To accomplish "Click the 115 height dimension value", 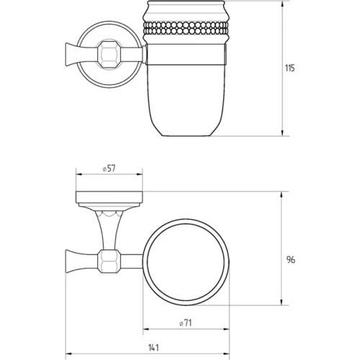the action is [x=289, y=68].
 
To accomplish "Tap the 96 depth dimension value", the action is [x=291, y=260].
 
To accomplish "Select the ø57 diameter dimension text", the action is [x=109, y=168].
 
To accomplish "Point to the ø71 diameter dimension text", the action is [x=186, y=323].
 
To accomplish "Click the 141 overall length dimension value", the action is [x=153, y=347].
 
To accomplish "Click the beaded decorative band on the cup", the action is [x=185, y=28].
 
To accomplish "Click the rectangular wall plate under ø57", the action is [x=109, y=197].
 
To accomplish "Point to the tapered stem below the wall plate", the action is [x=109, y=229].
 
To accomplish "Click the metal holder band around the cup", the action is [x=186, y=55].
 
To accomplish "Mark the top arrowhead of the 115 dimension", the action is [x=282, y=4].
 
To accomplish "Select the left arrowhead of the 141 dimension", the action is [x=69, y=354].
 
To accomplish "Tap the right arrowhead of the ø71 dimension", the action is [x=226, y=329].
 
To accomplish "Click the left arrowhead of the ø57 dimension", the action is [x=79, y=175].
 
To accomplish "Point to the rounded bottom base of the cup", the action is [x=185, y=131].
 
